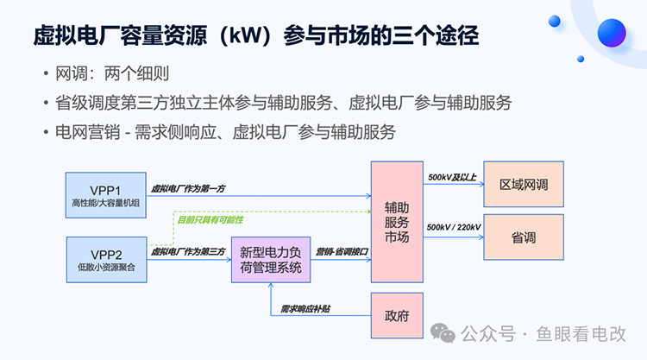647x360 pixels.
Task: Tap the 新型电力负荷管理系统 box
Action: pos(270,260)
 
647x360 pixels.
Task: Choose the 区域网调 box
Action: pos(523,185)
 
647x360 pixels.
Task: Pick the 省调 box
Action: pos(523,237)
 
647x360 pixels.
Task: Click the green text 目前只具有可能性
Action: pos(210,220)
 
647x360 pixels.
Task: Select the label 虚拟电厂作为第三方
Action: pos(189,252)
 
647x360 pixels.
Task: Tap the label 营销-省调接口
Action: pos(342,252)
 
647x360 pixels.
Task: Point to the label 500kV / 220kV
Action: pos(454,226)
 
